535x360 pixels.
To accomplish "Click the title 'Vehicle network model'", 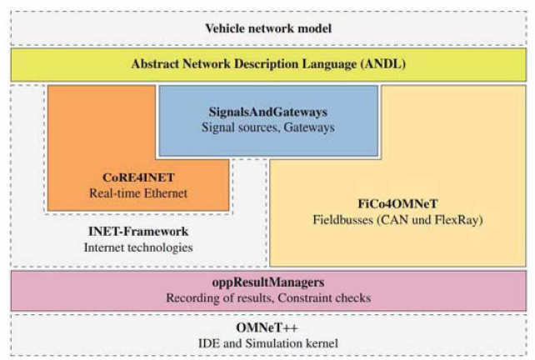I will [268, 29].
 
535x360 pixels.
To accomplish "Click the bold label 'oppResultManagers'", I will [268, 282].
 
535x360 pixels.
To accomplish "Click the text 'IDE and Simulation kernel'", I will [268, 343].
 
